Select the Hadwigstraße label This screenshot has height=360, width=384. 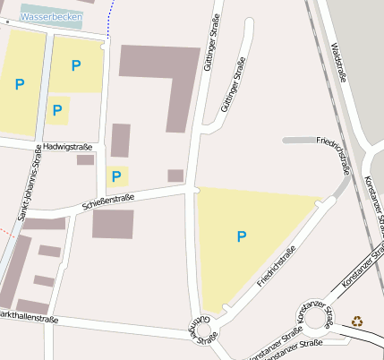(67, 147)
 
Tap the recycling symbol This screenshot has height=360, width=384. (358, 319)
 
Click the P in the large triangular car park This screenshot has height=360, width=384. (241, 236)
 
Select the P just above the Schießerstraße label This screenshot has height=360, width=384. (116, 176)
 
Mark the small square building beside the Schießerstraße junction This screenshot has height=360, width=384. (175, 176)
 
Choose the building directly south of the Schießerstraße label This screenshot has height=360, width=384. (113, 224)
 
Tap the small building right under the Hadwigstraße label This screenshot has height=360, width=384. (85, 159)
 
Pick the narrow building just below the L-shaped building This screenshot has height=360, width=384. (121, 141)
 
